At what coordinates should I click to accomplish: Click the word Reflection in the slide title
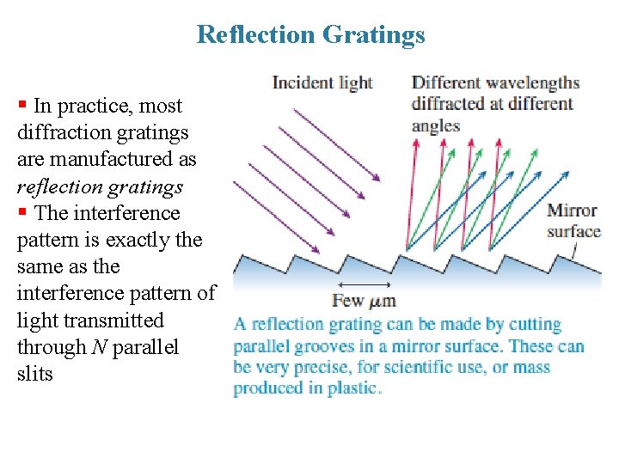(257, 34)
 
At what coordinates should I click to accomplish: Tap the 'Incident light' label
(322, 82)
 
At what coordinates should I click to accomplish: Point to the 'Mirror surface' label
(573, 221)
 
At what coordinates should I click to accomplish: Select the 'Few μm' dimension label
(364, 301)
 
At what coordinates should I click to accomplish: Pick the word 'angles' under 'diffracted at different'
(436, 125)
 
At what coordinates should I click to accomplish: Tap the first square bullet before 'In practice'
(22, 106)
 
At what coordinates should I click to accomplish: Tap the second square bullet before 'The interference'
(22, 212)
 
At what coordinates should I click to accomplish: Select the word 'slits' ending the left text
(34, 374)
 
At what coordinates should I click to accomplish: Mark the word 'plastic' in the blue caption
(352, 388)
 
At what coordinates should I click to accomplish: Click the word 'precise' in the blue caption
(321, 367)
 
